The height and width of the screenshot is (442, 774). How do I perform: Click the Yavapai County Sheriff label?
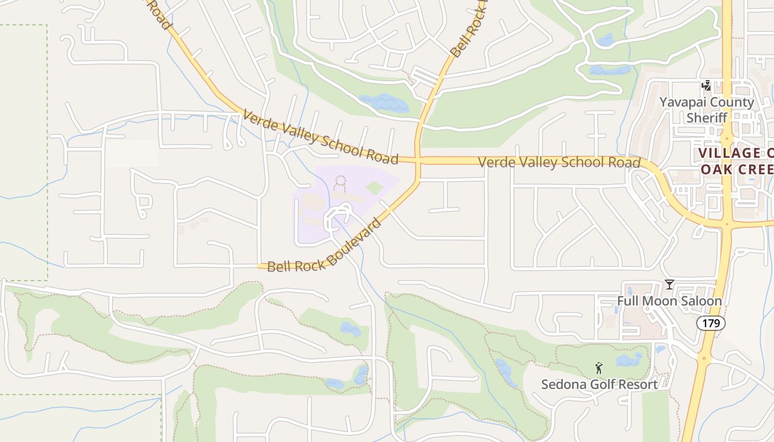coord(707,110)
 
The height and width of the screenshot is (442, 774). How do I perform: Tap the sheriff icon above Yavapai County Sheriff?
coord(706,86)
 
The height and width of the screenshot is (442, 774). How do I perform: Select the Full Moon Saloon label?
coord(670,301)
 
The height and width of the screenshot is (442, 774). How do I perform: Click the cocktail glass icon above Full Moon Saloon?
coord(670,285)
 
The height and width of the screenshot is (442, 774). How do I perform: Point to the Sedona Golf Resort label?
coord(599,384)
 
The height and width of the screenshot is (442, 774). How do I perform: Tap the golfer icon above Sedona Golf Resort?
coord(598,367)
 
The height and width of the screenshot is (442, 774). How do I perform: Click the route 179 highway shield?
coord(710,323)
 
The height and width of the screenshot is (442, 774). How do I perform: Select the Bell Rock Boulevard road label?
coord(325,246)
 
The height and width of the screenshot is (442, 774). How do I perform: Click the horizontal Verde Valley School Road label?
coord(559,162)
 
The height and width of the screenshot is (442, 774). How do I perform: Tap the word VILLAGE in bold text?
coord(730,153)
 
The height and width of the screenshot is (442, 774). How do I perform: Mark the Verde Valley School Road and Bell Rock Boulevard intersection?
coord(418,160)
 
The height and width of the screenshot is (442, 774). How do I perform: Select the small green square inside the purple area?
coord(374,187)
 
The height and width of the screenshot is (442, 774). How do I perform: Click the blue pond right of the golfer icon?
coord(629,360)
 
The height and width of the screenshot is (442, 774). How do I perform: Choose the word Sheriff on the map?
coord(707,118)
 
